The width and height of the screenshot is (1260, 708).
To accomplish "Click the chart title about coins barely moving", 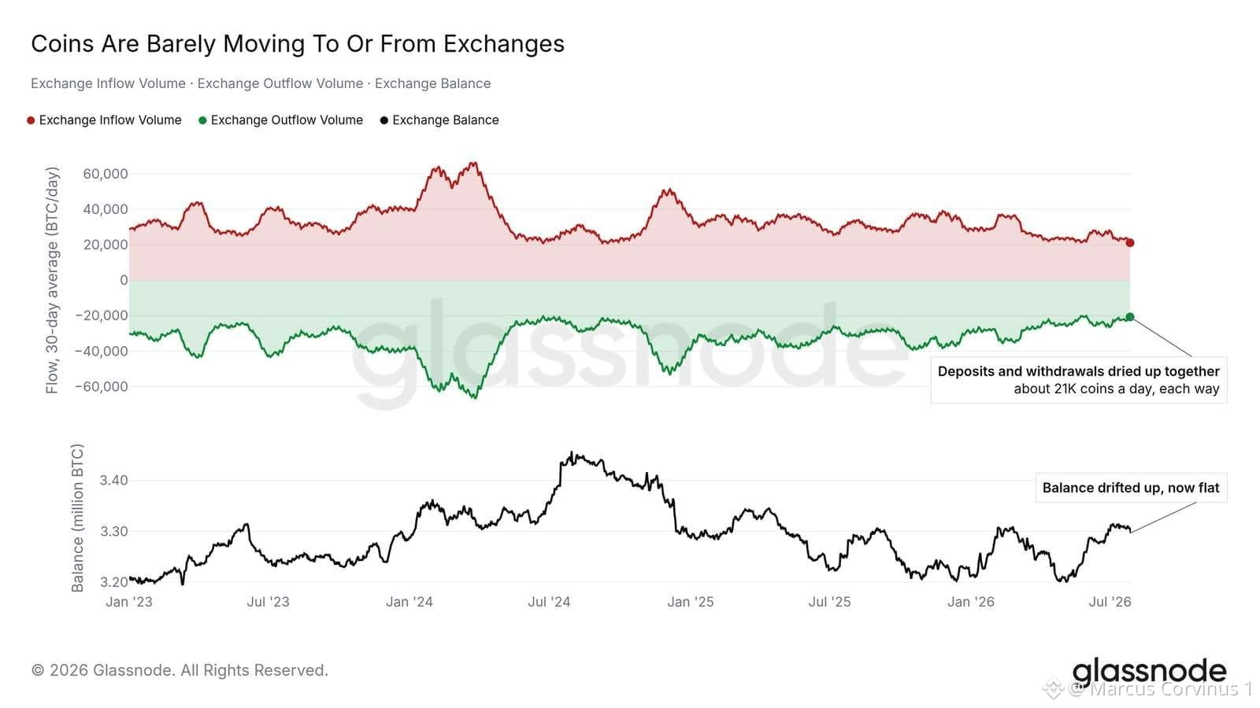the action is tap(298, 44).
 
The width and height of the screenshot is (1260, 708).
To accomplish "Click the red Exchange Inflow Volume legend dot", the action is tap(31, 120).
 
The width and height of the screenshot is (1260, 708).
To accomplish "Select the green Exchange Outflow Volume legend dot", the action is tap(202, 120).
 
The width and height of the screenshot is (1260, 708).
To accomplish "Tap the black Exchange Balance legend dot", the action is tap(384, 120).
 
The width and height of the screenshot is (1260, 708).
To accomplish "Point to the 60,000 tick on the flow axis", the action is tap(106, 174).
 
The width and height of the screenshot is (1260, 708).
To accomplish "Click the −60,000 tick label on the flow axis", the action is tap(102, 386).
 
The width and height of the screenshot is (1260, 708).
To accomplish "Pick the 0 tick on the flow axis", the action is tap(124, 280).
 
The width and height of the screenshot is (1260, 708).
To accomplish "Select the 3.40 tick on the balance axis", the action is tap(113, 480).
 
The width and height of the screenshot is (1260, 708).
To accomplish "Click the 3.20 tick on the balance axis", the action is tap(113, 582).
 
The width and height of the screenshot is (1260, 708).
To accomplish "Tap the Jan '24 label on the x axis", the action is tap(409, 602).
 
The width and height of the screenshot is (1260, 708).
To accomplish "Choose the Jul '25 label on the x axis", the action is tap(829, 602).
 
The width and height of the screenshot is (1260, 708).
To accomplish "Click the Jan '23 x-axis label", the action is tap(129, 602).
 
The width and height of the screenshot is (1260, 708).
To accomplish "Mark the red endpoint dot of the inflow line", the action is tap(1129, 243).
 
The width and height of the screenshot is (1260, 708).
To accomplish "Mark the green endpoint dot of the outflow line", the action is tap(1129, 317).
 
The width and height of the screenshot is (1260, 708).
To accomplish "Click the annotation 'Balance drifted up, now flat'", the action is tap(1131, 488).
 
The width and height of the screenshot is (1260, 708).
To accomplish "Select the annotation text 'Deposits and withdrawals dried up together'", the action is tap(1078, 371).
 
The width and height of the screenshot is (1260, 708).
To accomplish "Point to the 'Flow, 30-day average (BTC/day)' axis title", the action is tap(52, 280).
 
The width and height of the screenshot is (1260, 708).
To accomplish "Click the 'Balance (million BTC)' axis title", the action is tap(77, 518).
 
